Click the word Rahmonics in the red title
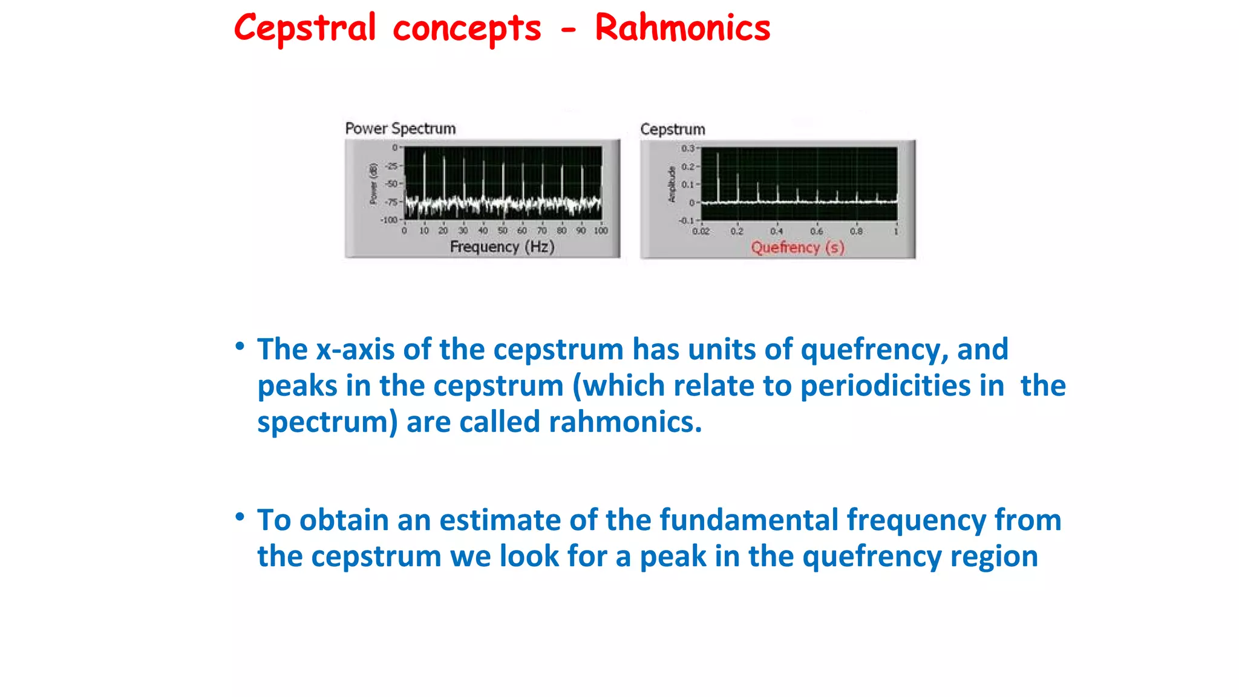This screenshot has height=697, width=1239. (682, 28)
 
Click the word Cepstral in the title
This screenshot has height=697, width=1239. (305, 28)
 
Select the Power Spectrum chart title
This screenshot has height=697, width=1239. (400, 128)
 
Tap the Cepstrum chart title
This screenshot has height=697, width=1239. (672, 129)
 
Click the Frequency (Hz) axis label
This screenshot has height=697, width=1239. (502, 247)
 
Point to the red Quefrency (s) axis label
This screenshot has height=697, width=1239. (797, 247)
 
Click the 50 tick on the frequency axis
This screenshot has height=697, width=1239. (502, 231)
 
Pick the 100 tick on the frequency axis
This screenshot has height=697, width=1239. (600, 231)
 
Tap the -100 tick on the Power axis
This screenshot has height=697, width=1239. (389, 220)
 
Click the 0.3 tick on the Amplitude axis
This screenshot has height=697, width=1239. (687, 148)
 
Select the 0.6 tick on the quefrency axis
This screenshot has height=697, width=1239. (816, 231)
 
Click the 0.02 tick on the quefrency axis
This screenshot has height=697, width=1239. (701, 231)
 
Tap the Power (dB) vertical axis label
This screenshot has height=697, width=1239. (373, 183)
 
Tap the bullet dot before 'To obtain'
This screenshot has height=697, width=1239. (240, 517)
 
